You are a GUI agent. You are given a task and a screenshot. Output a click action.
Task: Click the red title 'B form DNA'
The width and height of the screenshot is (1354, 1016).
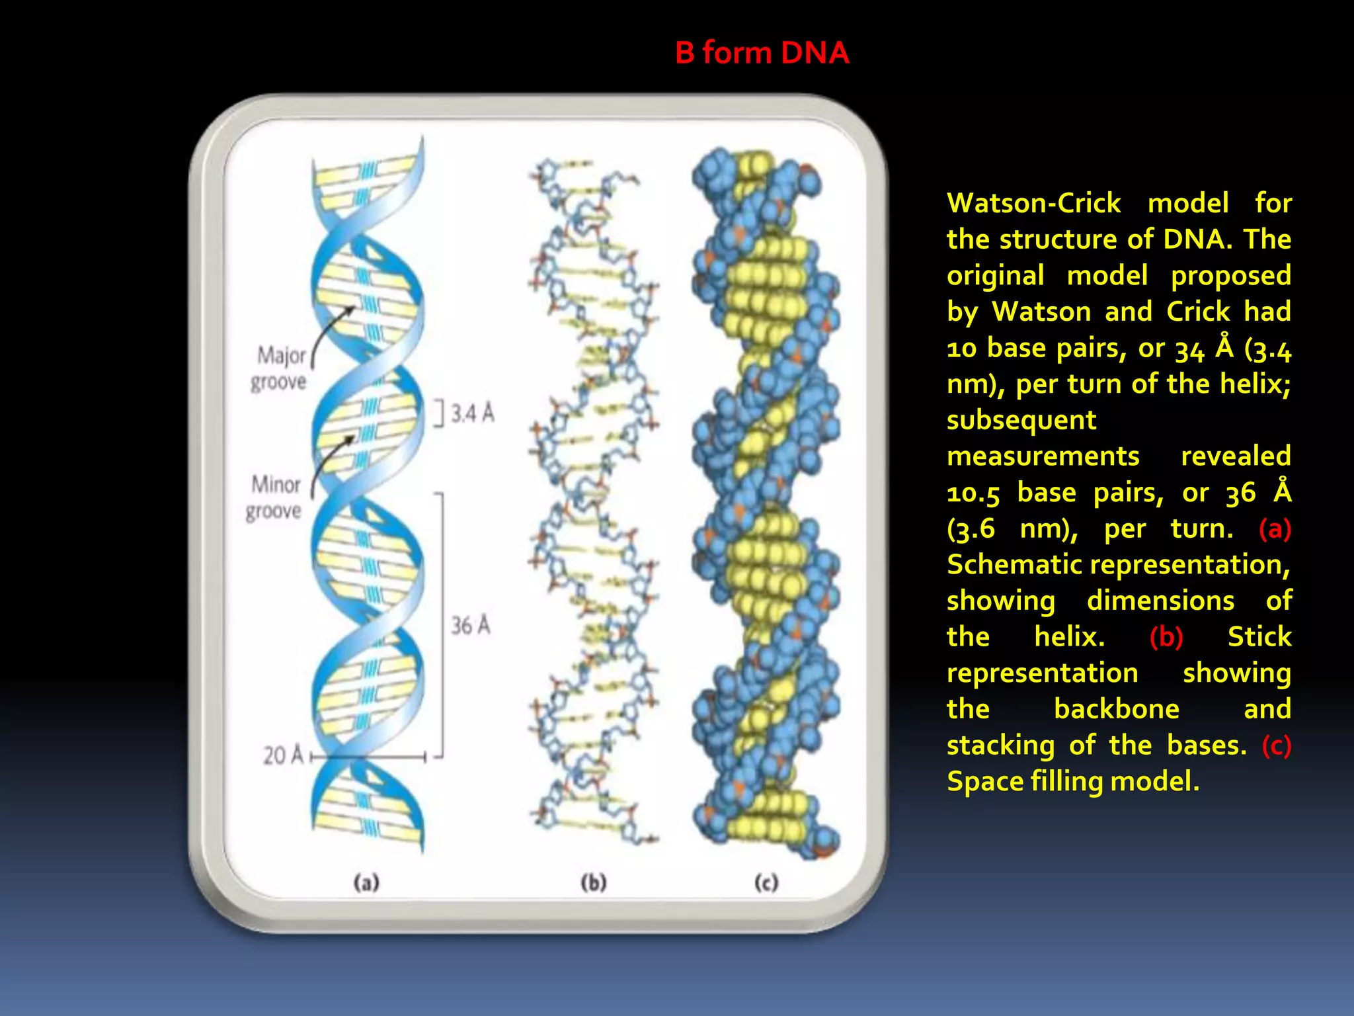762,53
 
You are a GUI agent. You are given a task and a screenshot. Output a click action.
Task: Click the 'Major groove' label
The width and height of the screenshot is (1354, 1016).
280,368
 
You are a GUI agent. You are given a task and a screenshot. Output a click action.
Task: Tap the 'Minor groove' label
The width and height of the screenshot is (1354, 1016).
274,497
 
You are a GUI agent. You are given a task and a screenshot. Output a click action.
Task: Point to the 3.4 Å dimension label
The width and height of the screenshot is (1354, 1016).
472,413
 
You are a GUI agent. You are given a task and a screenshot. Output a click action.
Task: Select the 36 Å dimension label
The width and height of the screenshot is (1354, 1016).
471,625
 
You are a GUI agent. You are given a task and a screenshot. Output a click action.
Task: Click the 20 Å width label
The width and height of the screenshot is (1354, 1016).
283,755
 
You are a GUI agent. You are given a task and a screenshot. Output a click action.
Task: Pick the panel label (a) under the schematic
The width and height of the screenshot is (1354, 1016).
366,882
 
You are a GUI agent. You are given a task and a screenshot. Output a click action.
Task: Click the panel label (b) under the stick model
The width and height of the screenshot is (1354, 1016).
593,882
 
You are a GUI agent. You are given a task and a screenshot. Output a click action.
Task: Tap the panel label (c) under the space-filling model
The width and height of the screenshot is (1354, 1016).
766,882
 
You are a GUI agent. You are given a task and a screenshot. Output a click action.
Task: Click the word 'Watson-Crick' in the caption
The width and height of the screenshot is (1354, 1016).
1033,203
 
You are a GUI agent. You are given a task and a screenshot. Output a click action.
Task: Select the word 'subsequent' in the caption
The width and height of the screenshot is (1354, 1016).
1021,420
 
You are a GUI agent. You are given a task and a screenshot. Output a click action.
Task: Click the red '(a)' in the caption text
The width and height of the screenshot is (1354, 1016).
1275,529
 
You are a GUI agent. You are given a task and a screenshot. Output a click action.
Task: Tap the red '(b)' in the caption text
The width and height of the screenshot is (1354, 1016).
1166,637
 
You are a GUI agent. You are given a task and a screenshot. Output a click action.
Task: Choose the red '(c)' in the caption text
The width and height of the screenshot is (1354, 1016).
1276,745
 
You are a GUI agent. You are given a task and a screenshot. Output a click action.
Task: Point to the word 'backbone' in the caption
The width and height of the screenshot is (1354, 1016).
1116,709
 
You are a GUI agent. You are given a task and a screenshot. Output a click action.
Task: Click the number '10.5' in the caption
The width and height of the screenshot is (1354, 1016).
973,493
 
